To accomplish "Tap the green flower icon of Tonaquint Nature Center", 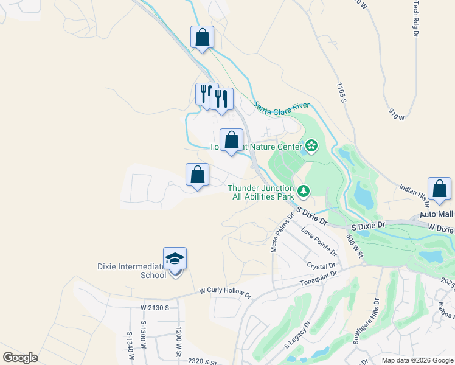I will (311, 145).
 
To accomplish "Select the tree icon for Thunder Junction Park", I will (303, 192).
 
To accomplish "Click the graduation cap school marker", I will (175, 259).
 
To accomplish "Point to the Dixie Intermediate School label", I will (132, 270).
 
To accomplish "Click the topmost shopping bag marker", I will (202, 37).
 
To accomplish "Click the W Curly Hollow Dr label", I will (225, 293).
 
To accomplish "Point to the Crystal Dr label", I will (322, 266).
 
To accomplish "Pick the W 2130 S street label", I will (155, 308).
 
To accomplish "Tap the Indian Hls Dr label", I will (414, 194).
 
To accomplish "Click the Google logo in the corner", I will (20, 358).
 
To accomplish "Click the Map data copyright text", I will (417, 360).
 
